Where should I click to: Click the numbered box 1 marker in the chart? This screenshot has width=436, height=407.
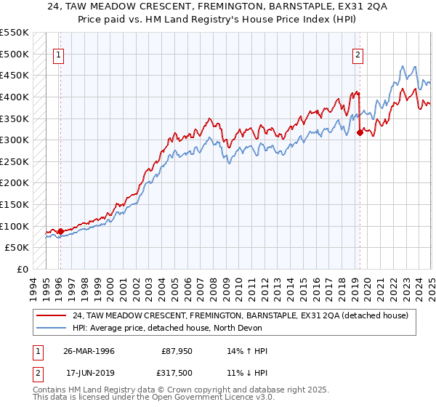pyautogui.click(x=57, y=53)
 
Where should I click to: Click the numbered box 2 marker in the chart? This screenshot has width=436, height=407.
pyautogui.click(x=358, y=53)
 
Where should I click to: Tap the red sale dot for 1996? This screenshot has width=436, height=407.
pyautogui.click(x=60, y=232)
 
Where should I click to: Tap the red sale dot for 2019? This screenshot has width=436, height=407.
pyautogui.click(x=360, y=132)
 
